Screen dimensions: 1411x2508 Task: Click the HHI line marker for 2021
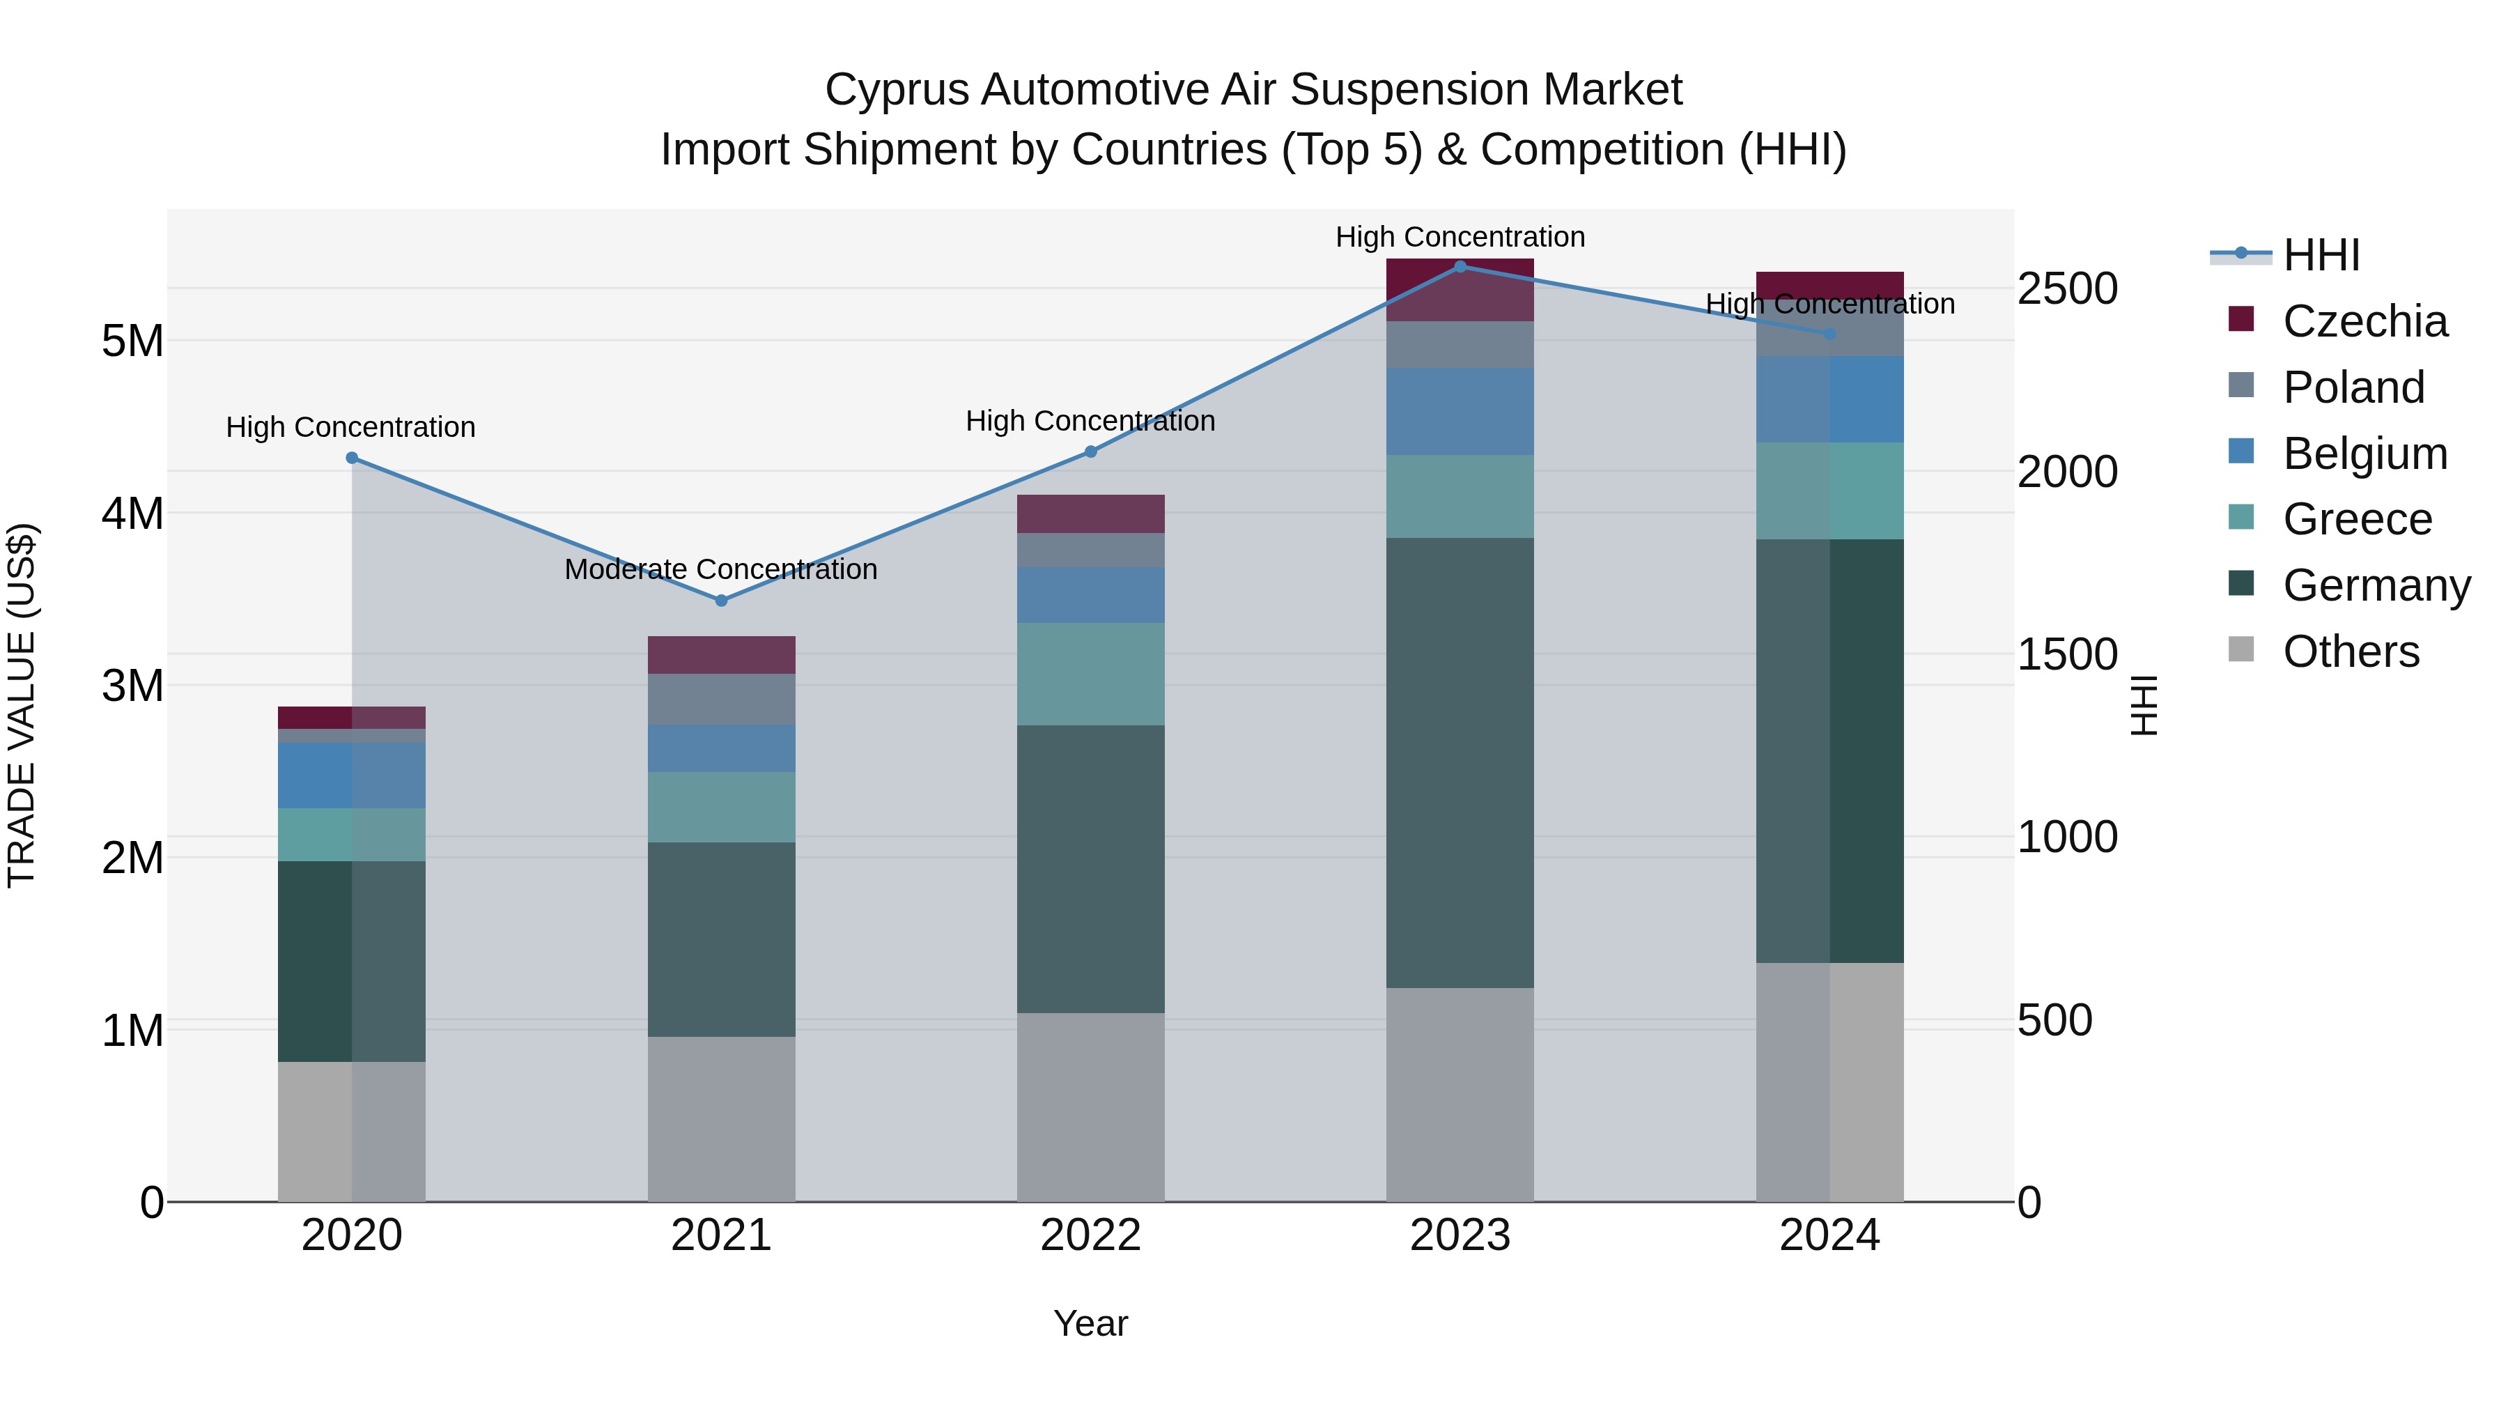click(722, 601)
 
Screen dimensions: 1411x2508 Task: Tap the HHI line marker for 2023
click(1460, 267)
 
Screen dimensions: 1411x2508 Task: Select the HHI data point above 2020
click(353, 458)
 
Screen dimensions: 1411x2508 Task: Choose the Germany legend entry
click(2376, 585)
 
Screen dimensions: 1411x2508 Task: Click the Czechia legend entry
click(2364, 321)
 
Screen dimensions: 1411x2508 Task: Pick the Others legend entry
click(2351, 651)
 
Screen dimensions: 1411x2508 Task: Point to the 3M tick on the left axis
click(132, 686)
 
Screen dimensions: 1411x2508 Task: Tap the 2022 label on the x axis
click(1090, 1235)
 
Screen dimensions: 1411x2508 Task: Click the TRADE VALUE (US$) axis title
click(22, 705)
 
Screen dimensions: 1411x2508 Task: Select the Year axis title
click(1090, 1323)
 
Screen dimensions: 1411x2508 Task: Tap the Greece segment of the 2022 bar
click(1090, 674)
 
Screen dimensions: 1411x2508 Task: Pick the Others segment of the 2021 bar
click(722, 1119)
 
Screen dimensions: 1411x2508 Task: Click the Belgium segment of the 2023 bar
click(1460, 411)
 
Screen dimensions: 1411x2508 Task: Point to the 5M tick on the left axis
click(132, 341)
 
